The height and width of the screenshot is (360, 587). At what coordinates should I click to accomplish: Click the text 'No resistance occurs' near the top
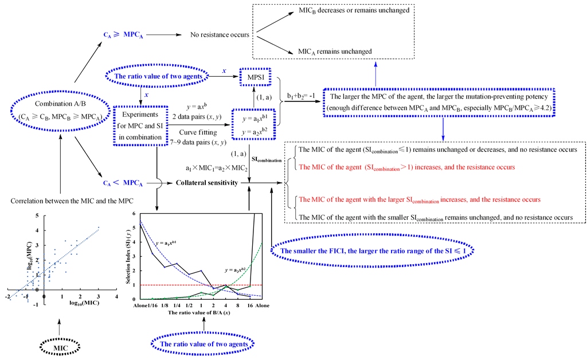point(220,34)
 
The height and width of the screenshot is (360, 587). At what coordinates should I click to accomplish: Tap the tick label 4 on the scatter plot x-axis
point(117,296)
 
